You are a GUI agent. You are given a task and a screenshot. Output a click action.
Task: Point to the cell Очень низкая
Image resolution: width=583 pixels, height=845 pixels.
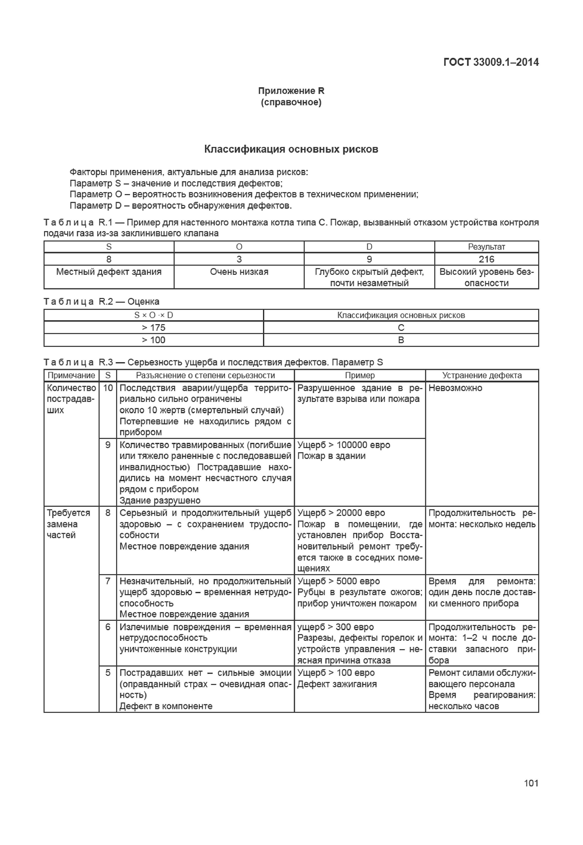[x=239, y=272]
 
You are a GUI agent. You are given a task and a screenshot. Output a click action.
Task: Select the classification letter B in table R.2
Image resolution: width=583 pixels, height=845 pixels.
[x=401, y=340]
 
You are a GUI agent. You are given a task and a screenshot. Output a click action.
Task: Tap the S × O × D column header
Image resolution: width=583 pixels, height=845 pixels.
[x=154, y=315]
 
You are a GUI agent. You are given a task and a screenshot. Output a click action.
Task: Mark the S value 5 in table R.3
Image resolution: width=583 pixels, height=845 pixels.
[x=108, y=673]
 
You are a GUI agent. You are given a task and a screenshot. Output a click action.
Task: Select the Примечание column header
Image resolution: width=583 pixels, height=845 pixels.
[x=71, y=375]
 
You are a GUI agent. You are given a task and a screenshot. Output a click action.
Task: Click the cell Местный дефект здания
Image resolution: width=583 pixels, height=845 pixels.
[x=109, y=272]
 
